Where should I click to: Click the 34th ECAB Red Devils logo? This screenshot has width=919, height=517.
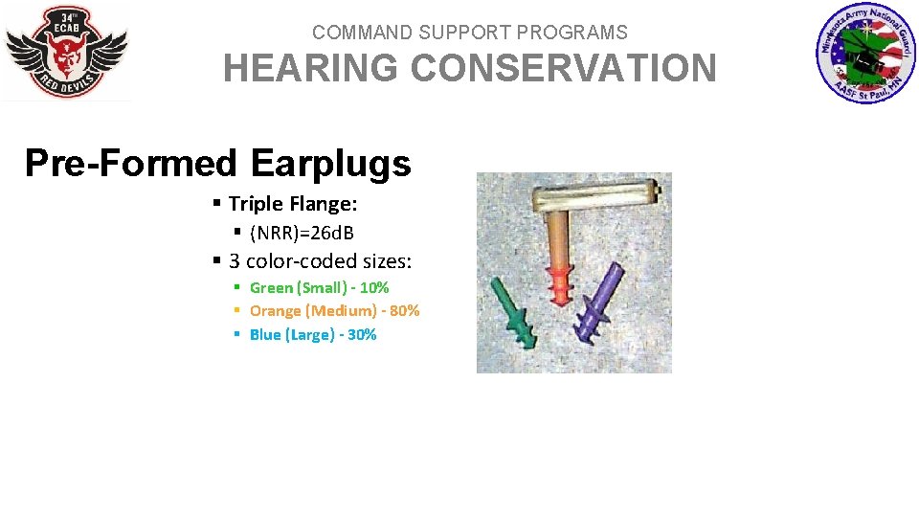coord(66,53)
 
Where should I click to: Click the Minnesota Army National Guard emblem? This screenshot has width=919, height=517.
coord(866,54)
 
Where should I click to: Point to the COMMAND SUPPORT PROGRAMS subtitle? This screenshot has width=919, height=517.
coord(469,33)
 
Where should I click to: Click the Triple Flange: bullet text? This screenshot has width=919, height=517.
coord(292,204)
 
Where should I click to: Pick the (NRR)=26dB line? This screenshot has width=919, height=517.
coord(302,234)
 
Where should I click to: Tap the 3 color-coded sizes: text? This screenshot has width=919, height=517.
coord(320,261)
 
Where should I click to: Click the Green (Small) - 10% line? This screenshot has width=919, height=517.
coord(319,287)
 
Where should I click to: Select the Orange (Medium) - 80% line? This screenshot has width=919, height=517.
coord(334,310)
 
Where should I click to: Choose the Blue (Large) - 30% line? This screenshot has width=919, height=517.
coord(313,334)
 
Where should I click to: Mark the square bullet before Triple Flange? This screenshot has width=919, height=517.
coord(217,204)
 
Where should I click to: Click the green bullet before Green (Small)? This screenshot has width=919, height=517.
coord(237,287)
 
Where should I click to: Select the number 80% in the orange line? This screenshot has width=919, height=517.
coord(404,310)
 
